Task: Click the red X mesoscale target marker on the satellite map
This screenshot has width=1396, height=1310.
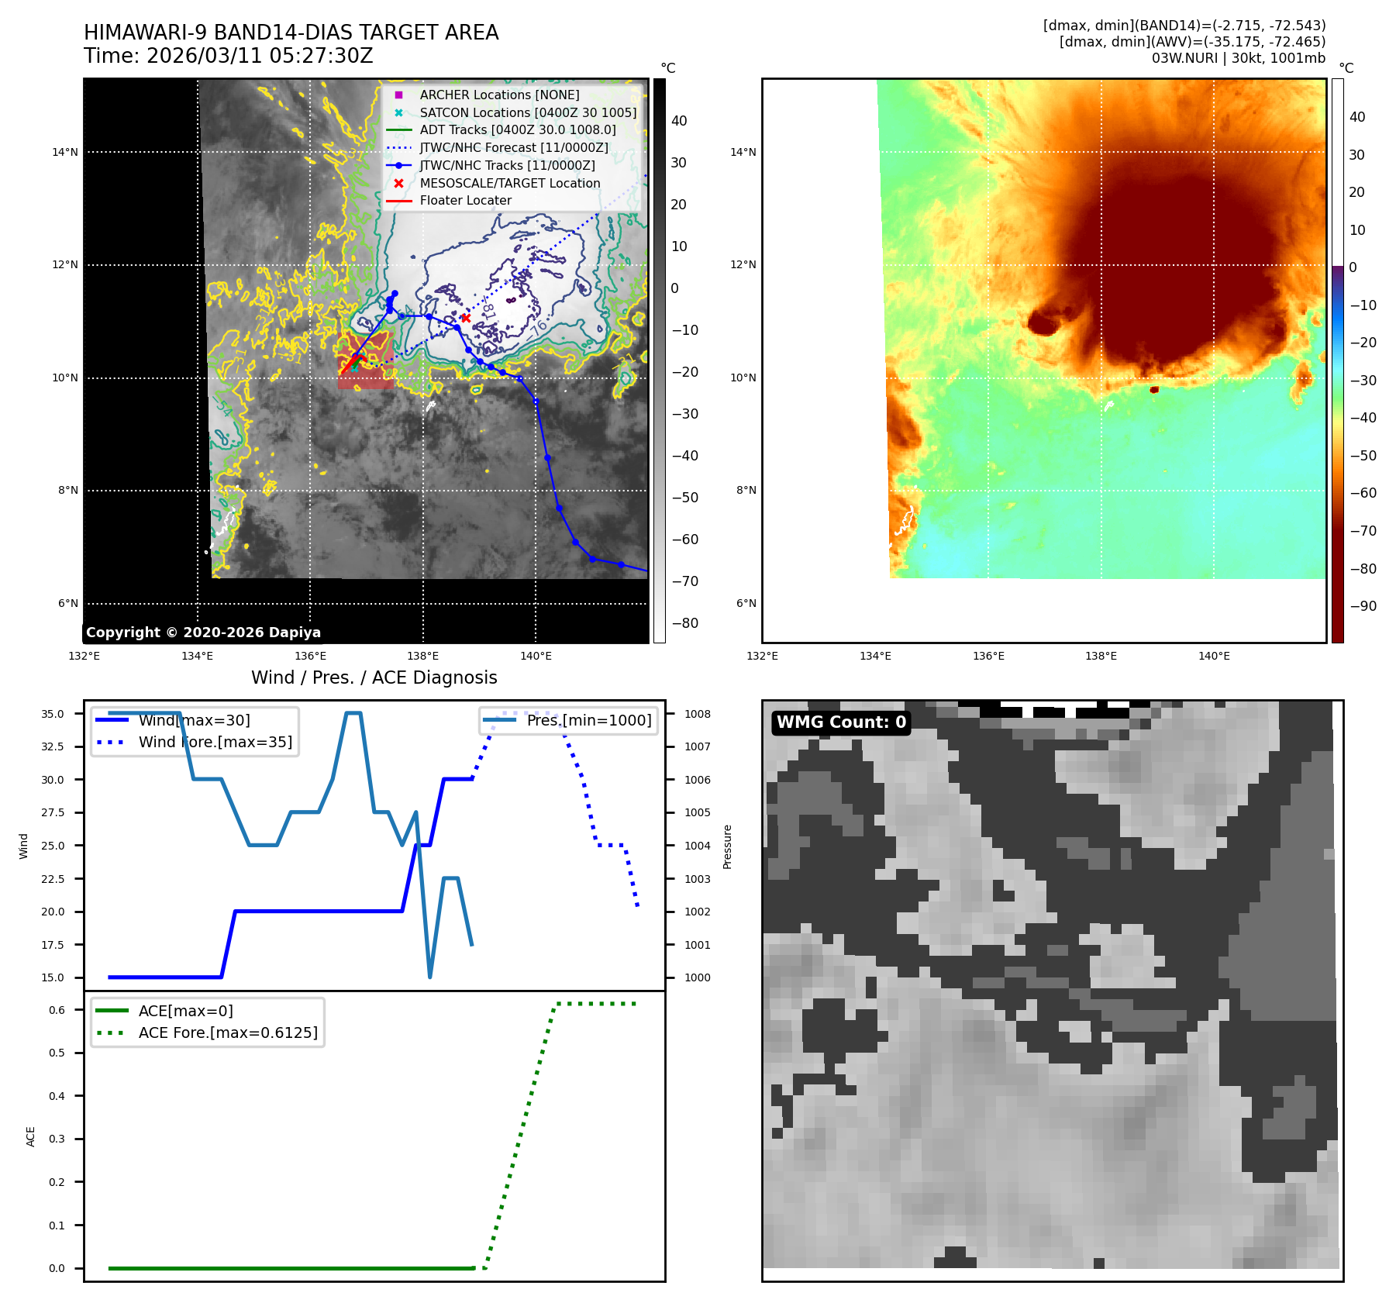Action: coord(466,318)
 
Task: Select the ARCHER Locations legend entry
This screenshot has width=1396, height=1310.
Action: coord(499,95)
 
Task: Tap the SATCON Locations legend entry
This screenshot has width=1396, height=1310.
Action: coord(528,112)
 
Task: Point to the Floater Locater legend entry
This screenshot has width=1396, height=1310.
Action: coord(465,200)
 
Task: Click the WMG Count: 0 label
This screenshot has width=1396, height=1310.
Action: coord(841,722)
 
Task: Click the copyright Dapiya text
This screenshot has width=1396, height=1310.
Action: coord(203,633)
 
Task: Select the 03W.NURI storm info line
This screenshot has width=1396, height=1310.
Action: coord(1238,58)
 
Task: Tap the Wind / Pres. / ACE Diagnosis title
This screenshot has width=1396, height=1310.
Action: coord(374,677)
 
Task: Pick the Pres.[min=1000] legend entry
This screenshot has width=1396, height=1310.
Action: coord(588,720)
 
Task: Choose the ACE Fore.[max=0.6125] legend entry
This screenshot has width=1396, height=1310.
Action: coord(228,1032)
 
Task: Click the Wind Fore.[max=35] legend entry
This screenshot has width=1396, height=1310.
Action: coord(215,742)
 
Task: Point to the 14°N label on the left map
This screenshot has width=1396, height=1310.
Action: coord(65,152)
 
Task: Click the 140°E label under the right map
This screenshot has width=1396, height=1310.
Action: coord(1214,656)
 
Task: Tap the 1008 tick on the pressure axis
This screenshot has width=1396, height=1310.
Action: coord(697,714)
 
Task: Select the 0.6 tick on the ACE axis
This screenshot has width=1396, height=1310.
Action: coord(57,1010)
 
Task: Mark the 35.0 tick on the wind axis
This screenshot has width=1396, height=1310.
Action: coord(53,714)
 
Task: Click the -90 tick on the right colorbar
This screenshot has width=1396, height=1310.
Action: coord(1363,606)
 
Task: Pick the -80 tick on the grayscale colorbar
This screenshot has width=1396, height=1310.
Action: coord(684,623)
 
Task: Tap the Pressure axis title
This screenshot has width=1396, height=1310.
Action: coord(727,846)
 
